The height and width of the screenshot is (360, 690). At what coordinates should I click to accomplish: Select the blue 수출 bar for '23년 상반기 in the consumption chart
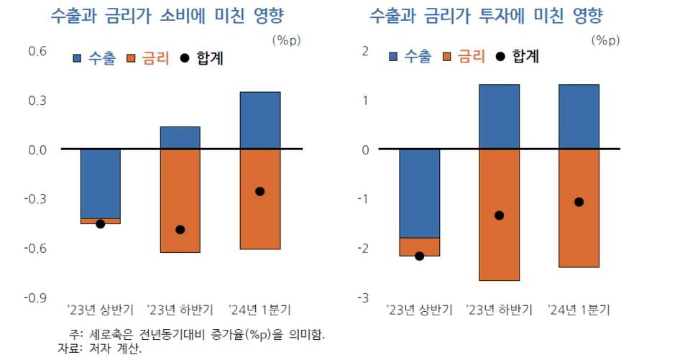pos(100,183)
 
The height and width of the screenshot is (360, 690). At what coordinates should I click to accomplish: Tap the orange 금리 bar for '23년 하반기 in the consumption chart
pos(180,201)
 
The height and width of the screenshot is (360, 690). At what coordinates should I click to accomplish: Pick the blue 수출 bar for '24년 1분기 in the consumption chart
pos(259,121)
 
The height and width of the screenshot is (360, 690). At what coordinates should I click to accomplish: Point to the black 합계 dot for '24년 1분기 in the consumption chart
pos(259,191)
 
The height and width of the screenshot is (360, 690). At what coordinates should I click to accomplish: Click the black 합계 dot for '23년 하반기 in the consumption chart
pos(180,230)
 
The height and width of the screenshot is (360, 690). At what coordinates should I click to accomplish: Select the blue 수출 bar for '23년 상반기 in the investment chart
pos(419,193)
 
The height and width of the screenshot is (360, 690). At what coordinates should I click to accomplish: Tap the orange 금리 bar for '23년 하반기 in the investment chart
pos(499,215)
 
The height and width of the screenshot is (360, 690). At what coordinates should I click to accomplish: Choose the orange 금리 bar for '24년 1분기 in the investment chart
pos(579,208)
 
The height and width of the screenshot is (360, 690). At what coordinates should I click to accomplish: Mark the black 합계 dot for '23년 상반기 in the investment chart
pos(419,256)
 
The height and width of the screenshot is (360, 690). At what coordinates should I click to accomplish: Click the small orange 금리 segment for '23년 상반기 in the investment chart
pos(419,246)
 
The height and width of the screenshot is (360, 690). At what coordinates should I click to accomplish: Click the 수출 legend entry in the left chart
pos(93,58)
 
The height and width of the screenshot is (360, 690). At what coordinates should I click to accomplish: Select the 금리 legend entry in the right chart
pos(464,56)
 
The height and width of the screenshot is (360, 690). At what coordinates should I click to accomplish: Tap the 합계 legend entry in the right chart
pos(518,56)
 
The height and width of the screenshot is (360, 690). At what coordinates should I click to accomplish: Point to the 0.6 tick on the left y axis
pos(37,51)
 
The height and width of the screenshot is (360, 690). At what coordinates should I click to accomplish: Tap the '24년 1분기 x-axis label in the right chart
pos(579,310)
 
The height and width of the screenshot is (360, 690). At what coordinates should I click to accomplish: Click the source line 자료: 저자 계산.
pos(100,349)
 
